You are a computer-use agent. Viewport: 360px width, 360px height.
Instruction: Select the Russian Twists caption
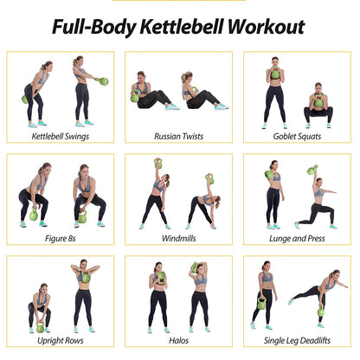coord(179,136)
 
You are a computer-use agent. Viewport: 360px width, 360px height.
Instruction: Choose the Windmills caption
coord(179,237)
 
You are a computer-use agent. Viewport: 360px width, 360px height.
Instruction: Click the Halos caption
coord(179,340)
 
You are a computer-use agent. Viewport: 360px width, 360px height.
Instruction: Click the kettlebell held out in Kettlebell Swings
coord(105,81)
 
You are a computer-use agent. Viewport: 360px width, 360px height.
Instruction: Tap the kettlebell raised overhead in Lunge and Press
coord(312,170)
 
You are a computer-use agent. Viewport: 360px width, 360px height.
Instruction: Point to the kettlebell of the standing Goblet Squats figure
coord(275,74)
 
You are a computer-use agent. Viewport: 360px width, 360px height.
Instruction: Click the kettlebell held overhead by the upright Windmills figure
coord(158,163)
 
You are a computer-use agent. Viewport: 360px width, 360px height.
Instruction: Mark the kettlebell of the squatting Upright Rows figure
coord(40,327)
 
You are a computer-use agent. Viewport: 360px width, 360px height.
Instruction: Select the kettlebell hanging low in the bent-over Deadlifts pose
coord(320,312)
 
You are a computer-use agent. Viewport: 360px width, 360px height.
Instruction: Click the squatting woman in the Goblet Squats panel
coord(318,104)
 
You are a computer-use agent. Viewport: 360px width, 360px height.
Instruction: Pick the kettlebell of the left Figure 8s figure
coord(34,215)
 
